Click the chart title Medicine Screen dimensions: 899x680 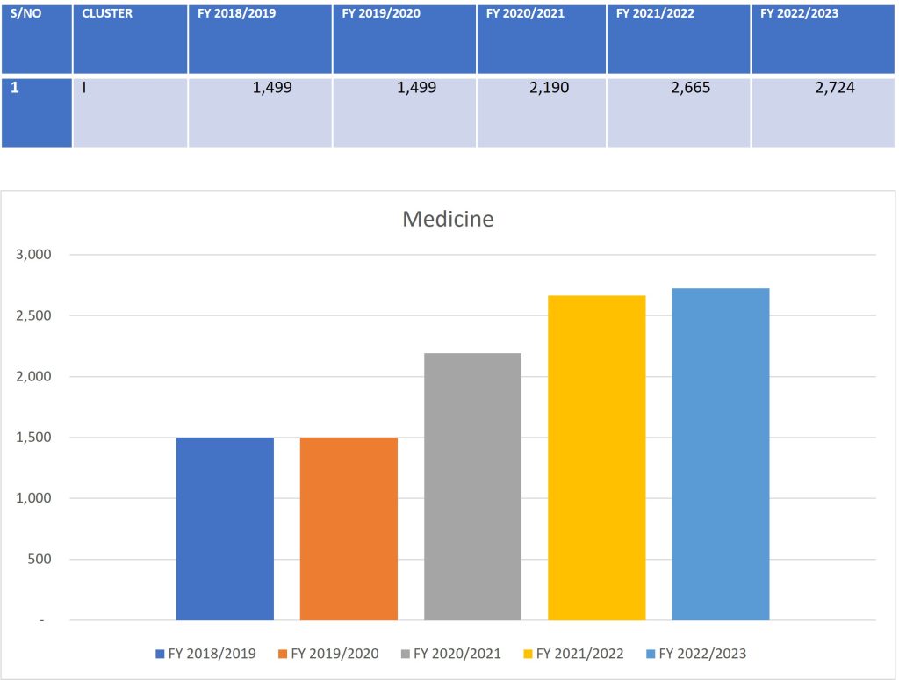448,219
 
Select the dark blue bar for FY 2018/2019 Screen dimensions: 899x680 225,529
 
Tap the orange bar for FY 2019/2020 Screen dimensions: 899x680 349,529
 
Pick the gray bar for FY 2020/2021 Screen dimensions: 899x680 473,487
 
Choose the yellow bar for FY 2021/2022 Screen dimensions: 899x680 597,458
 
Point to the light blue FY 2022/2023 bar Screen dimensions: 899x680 721,454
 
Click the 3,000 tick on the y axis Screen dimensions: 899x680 33,254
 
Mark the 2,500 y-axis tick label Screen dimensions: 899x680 33,315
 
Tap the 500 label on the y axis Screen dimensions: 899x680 40,559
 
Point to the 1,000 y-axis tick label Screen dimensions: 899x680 33,498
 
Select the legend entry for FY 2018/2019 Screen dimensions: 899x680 205,654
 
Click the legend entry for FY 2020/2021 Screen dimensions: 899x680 450,654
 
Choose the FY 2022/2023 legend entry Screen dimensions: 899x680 696,654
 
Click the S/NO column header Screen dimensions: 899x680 25,13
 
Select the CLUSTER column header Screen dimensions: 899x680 107,13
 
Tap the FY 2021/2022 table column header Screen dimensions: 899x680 655,13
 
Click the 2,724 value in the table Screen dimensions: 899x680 835,88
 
